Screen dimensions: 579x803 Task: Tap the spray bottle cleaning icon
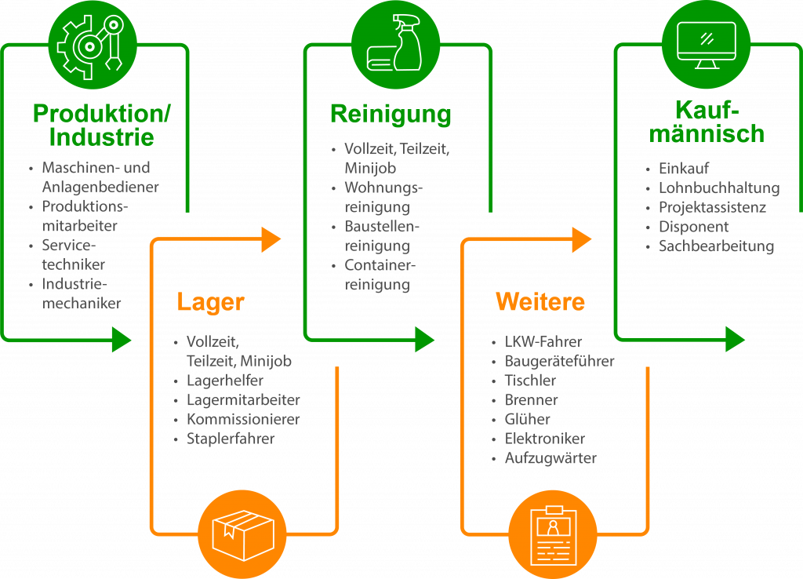[x=395, y=46]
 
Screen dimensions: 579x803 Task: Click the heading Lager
[x=211, y=302]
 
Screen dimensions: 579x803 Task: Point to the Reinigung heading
[x=391, y=115]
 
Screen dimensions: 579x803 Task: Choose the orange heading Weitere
[x=540, y=302]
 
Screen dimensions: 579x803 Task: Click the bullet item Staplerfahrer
[x=231, y=439]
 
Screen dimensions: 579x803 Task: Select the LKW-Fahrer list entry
[x=543, y=342]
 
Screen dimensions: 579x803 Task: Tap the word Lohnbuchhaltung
[x=719, y=188]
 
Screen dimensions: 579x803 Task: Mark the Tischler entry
[x=530, y=381]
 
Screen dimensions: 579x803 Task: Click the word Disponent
[x=694, y=227]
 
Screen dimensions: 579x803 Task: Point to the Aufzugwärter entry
[x=550, y=458]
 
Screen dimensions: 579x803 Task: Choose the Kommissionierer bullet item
[x=243, y=419]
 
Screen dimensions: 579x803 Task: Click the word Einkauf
[x=684, y=169]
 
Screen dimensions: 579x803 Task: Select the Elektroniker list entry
[x=545, y=439]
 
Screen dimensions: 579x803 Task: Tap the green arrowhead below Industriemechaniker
[x=121, y=339]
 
